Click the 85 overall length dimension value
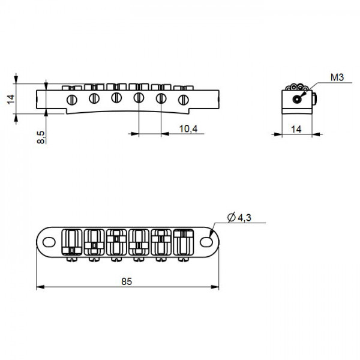[127, 281]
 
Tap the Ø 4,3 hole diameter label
[239, 218]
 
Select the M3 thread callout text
[337, 78]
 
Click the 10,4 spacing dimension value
[188, 129]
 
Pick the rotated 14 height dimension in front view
[10, 98]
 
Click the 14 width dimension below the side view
[296, 129]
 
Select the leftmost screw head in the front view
[72, 99]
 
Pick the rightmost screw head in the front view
[182, 99]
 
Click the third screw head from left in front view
[116, 98]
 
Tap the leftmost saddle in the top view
[72, 242]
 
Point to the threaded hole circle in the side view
[297, 100]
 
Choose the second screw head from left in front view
[94, 98]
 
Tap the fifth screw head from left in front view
[160, 98]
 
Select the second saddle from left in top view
[94, 242]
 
